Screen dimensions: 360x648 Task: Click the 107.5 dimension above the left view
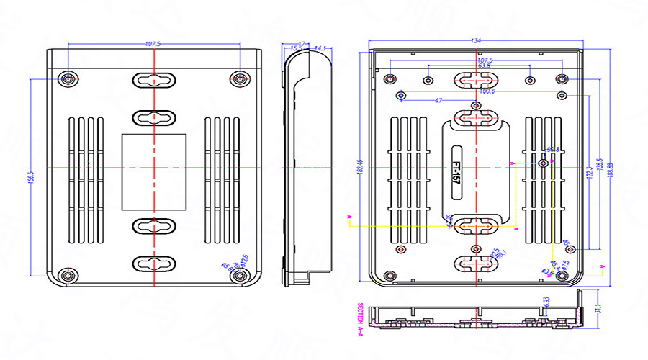coord(153,45)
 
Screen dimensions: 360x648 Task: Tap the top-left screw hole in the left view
coord(68,78)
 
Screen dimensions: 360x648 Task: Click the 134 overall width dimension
coord(476,41)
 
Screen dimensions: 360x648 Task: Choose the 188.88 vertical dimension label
coord(611,170)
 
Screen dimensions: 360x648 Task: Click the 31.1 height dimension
coord(598,309)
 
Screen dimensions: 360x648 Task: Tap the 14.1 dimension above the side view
coord(321,48)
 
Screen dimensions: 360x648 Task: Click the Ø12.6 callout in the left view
coord(244,258)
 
